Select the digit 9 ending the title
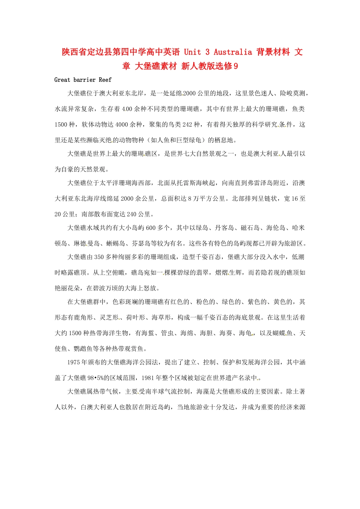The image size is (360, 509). pyautogui.click(x=236, y=66)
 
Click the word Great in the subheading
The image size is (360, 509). pyautogui.click(x=62, y=80)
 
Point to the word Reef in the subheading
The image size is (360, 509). pyautogui.click(x=105, y=80)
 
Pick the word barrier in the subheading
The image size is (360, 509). pyautogui.click(x=85, y=80)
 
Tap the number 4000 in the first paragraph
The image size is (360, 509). pyautogui.click(x=122, y=125)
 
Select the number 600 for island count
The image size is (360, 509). pyautogui.click(x=151, y=228)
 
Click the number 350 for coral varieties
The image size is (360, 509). pyautogui.click(x=99, y=257)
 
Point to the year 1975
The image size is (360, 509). pyautogui.click(x=74, y=362)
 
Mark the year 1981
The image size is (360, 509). pyautogui.click(x=147, y=378)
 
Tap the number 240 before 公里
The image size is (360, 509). pyautogui.click(x=131, y=214)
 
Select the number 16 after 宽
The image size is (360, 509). pyautogui.click(x=295, y=199)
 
